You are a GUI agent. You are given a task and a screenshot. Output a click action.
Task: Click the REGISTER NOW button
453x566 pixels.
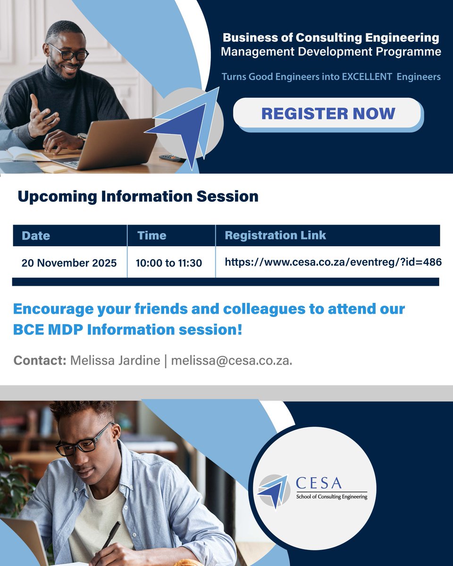point(328,114)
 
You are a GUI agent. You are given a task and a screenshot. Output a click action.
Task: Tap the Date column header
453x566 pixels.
point(36,235)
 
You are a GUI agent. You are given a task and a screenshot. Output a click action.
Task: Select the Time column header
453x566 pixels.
point(151,235)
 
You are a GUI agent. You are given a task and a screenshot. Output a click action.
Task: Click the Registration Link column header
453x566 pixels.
point(275,235)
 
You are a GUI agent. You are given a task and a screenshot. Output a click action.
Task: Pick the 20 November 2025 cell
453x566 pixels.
point(69,263)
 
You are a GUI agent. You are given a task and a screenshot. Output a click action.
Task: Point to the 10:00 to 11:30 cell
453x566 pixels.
point(168,263)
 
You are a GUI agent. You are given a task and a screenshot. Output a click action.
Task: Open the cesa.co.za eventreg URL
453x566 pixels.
point(333,262)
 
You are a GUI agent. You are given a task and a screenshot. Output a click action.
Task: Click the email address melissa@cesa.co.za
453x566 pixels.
point(231,361)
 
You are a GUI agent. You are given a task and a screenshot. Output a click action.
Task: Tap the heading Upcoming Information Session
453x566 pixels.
point(138,196)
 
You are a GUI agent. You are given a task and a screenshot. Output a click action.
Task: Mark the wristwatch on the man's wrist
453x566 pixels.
point(83,136)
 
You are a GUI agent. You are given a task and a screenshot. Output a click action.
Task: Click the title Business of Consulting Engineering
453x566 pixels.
point(331,37)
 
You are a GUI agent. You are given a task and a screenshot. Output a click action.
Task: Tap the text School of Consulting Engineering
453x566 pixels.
point(331,497)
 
